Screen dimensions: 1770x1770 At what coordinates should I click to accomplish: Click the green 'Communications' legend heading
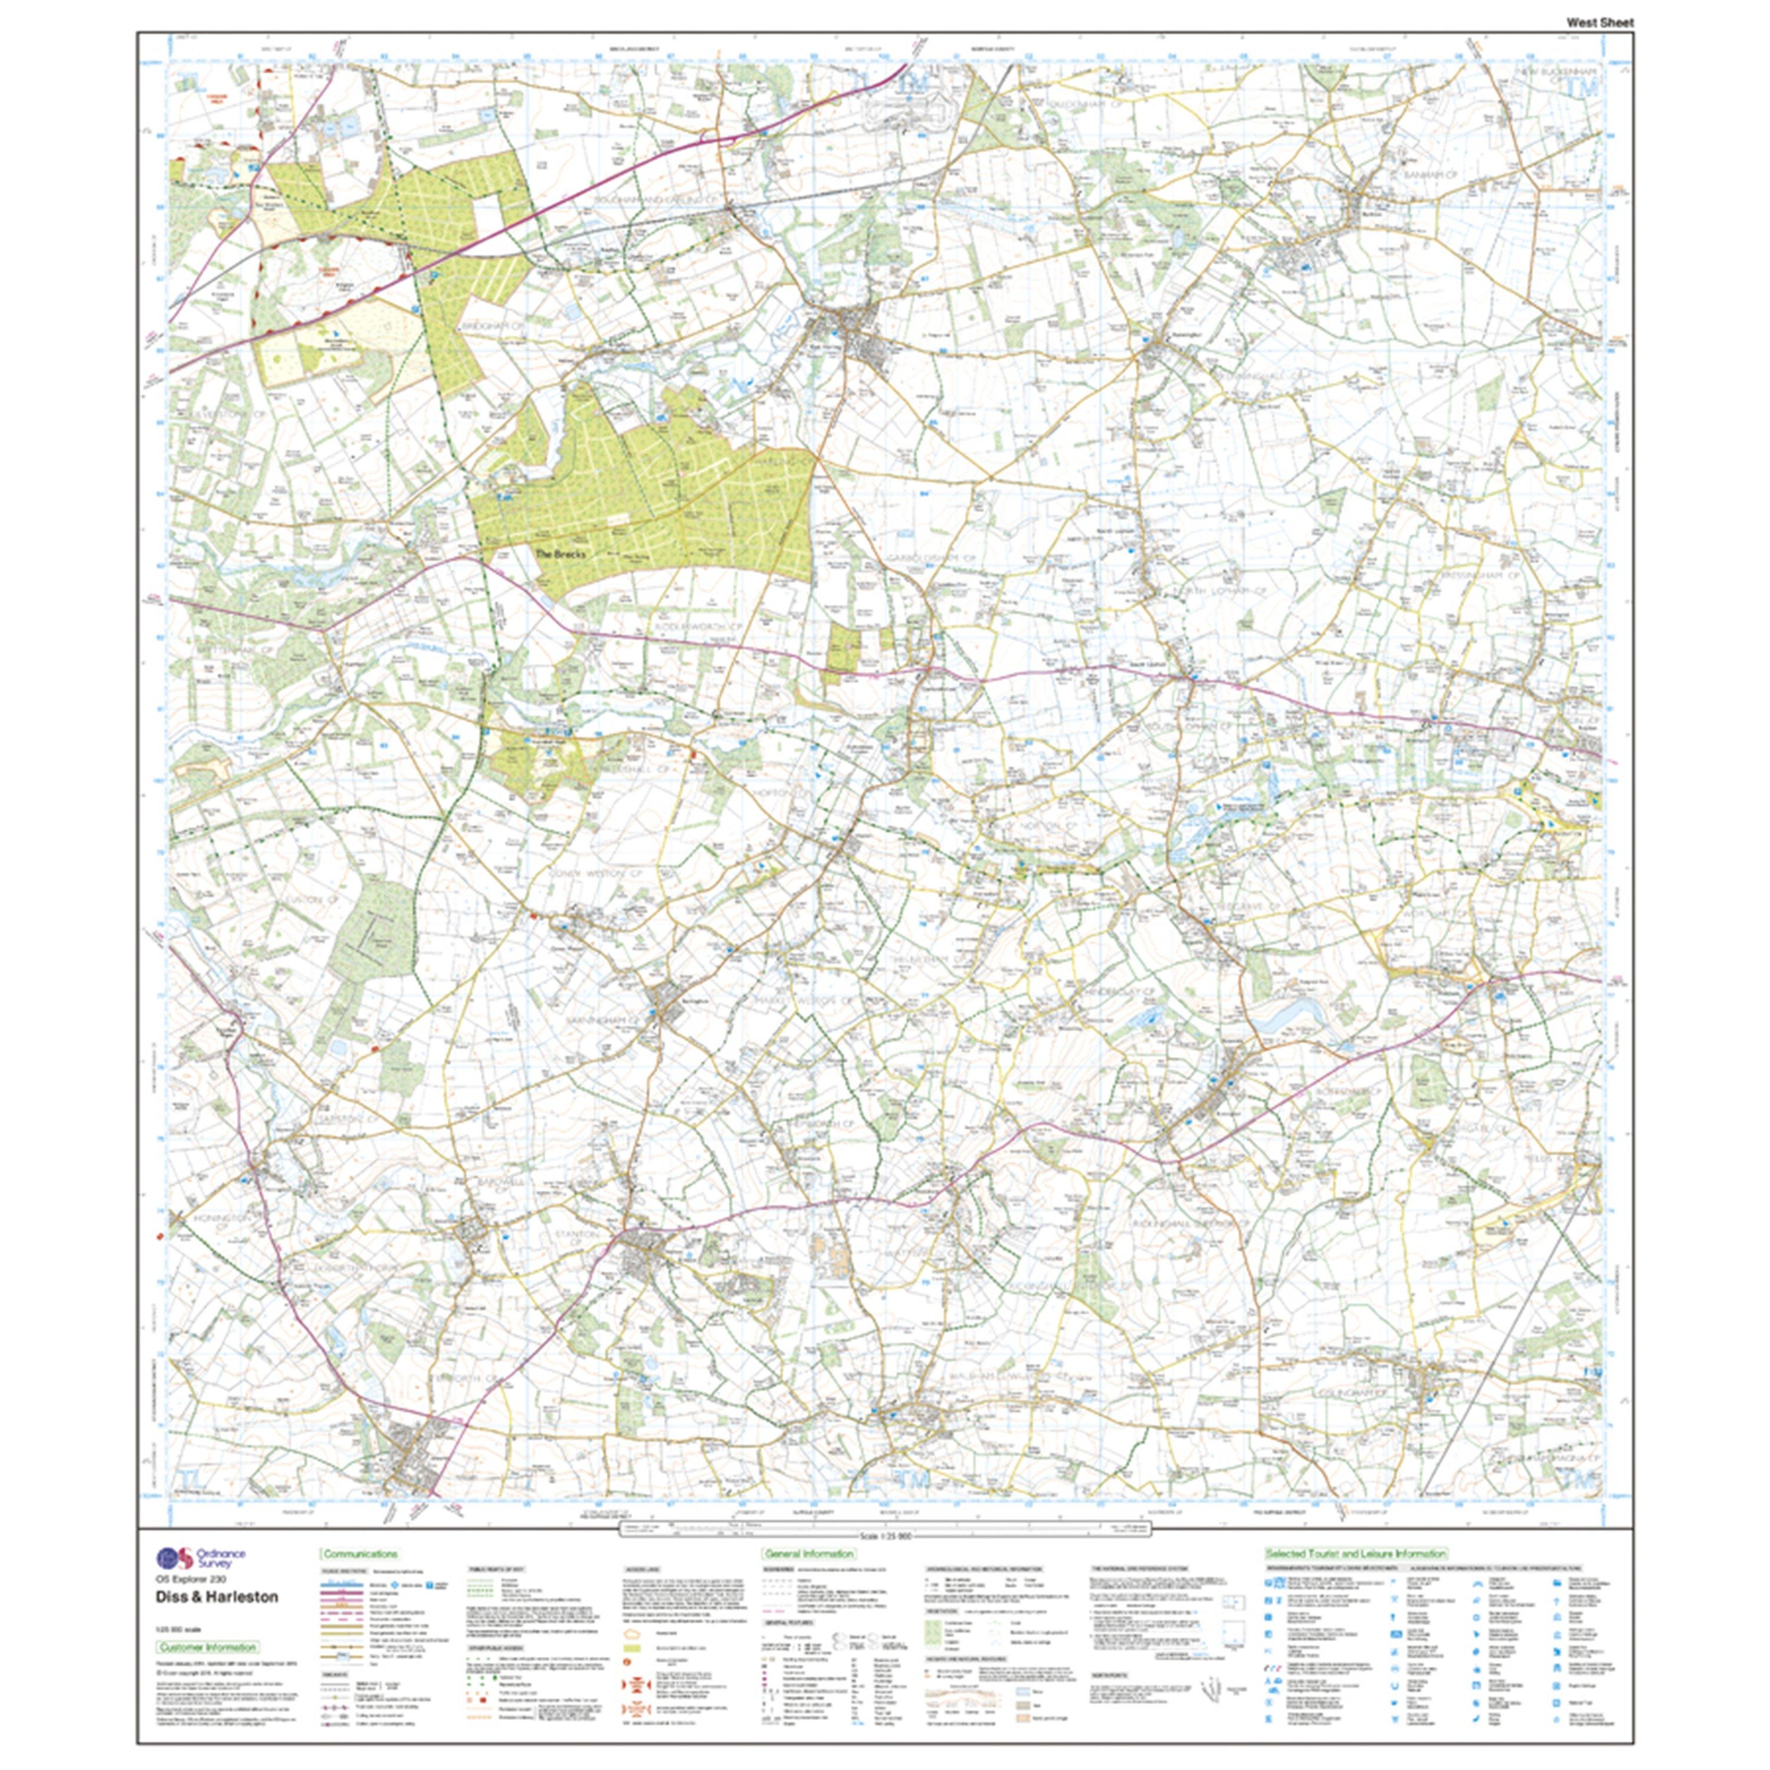coord(359,1554)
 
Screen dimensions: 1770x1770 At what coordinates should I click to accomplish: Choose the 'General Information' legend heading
coord(809,1554)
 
